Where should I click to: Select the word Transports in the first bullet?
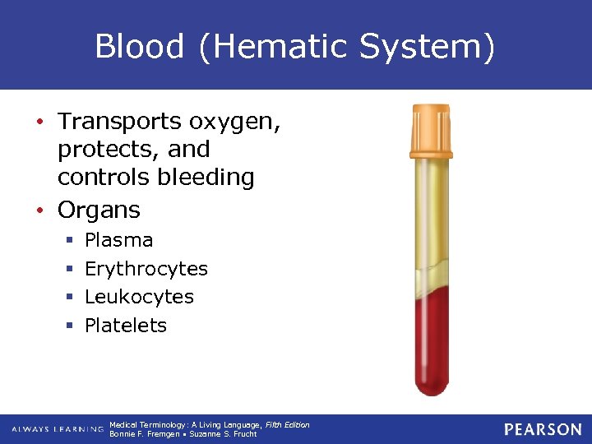[x=118, y=122]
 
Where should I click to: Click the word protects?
[x=97, y=150]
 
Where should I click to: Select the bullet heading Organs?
[x=99, y=210]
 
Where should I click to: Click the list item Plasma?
[x=118, y=240]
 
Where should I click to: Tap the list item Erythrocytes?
[x=146, y=269]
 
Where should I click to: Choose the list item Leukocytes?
[x=139, y=297]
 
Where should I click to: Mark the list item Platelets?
[x=126, y=326]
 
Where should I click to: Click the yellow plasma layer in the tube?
[x=431, y=214]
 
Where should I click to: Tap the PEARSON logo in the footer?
[x=543, y=429]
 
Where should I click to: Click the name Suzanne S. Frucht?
[x=223, y=434]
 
